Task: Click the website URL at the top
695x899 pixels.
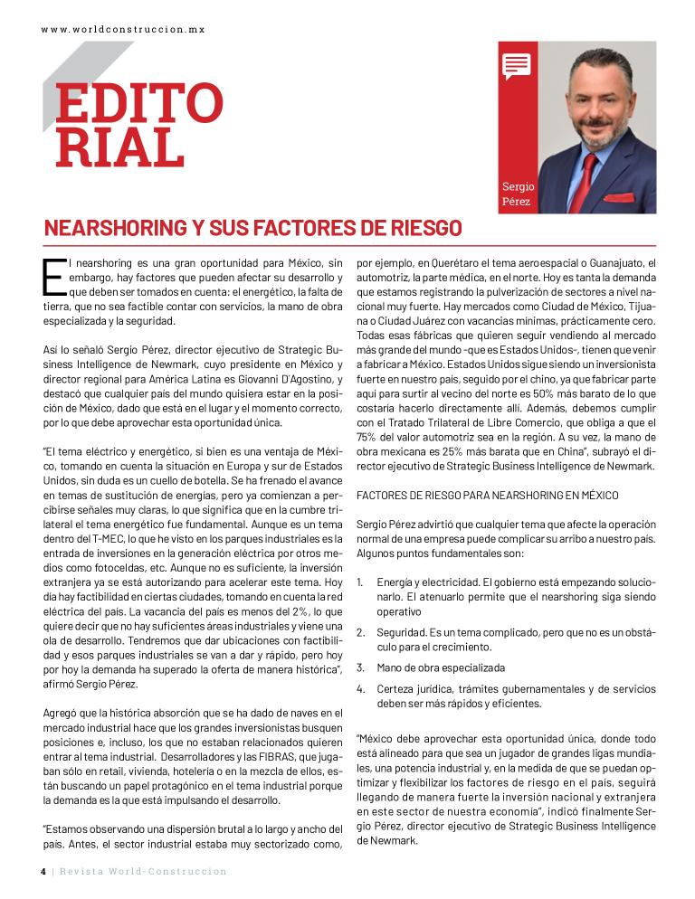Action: click(x=123, y=29)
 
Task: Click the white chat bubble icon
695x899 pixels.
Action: click(x=516, y=65)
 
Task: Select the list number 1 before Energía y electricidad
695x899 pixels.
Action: click(x=361, y=581)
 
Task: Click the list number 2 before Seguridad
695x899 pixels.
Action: click(x=361, y=634)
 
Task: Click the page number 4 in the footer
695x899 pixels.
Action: click(x=43, y=871)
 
